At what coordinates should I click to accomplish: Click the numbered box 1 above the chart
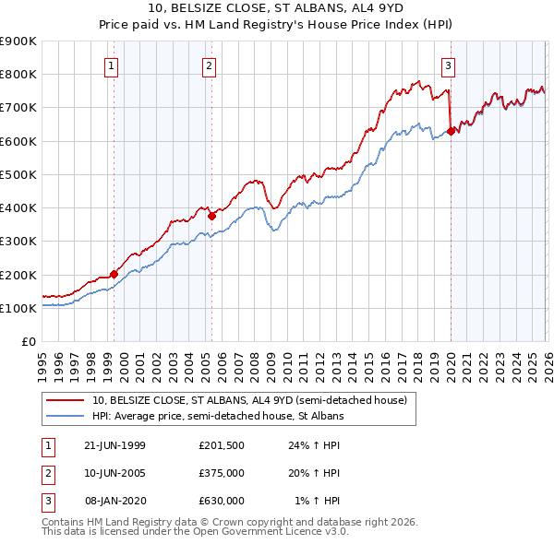click(x=111, y=65)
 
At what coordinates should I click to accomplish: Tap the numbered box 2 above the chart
click(x=210, y=65)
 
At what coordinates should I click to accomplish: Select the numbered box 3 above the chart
click(x=448, y=65)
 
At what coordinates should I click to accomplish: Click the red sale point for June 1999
click(x=114, y=274)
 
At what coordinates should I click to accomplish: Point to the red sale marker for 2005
click(x=212, y=216)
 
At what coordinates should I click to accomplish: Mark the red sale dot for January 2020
click(x=451, y=131)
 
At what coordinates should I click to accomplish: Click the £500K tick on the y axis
click(x=18, y=174)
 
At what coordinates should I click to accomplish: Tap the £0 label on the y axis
click(x=29, y=341)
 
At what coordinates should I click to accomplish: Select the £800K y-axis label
click(x=18, y=74)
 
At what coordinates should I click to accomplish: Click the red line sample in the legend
click(x=65, y=400)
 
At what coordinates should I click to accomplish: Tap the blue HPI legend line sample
click(x=65, y=417)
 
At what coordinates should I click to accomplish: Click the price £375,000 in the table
click(x=221, y=473)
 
